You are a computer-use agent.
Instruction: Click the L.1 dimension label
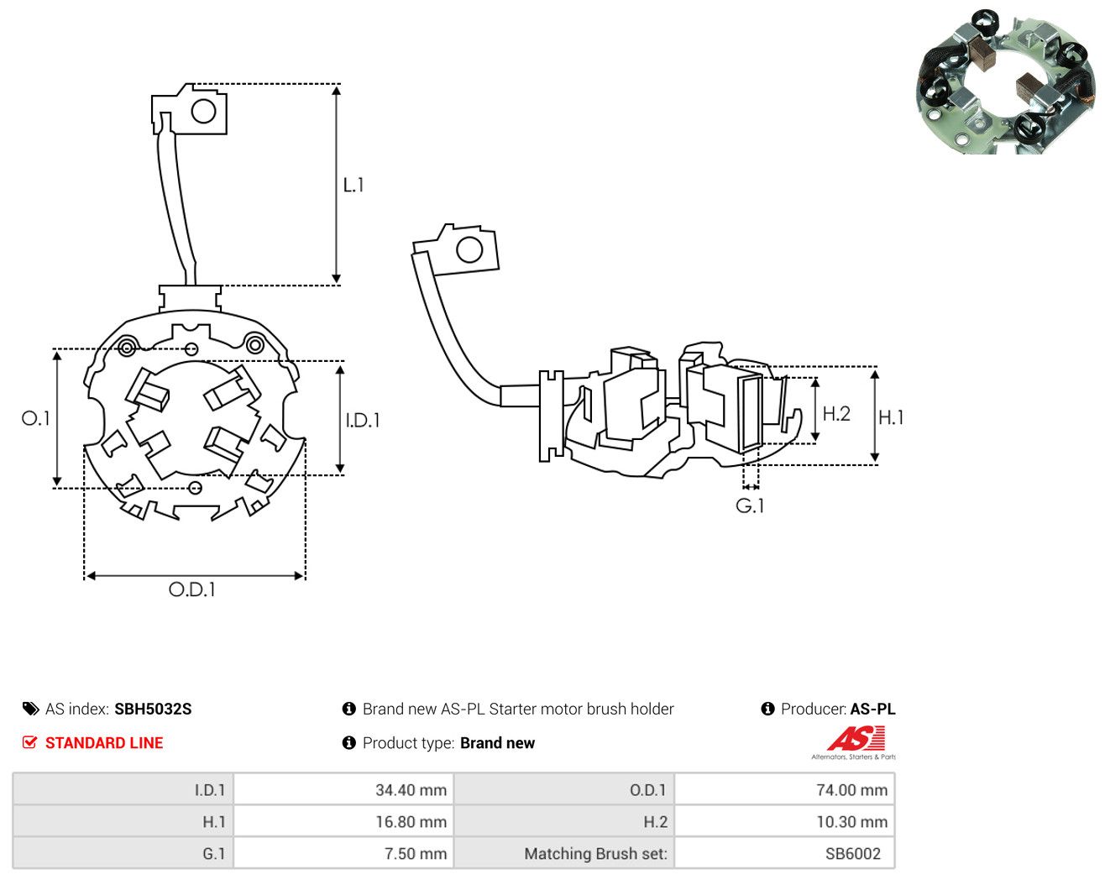click(x=353, y=185)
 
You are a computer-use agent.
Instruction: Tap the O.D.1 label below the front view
click(x=191, y=589)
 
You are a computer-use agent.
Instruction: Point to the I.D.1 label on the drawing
click(x=363, y=421)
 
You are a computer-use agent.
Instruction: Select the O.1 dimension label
click(x=36, y=418)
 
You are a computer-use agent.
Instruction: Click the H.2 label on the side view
click(x=836, y=414)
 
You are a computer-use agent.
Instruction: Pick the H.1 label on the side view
click(x=891, y=417)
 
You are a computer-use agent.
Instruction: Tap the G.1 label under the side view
click(x=750, y=506)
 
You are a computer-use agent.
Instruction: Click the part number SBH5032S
click(x=153, y=709)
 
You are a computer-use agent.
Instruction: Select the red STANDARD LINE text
click(x=104, y=743)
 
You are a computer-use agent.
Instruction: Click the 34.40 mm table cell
click(x=343, y=789)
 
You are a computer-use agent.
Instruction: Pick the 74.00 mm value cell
click(x=784, y=789)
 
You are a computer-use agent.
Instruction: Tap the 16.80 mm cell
click(x=343, y=821)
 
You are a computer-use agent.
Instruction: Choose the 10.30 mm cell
click(x=784, y=821)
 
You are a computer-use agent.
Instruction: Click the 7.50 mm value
click(x=416, y=853)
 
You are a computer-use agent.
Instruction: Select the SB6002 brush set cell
click(x=784, y=853)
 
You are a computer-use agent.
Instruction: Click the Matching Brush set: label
click(x=595, y=853)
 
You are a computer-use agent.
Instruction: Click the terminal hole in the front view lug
click(x=203, y=111)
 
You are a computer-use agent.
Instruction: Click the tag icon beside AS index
click(x=31, y=709)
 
